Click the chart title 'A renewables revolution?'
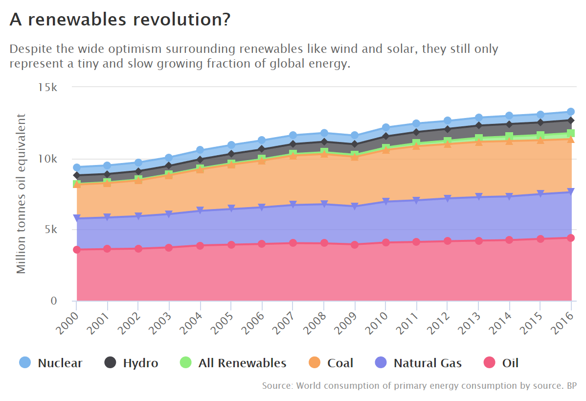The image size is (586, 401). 120,20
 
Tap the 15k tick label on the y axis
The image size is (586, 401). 48,88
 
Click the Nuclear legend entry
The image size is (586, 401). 51,363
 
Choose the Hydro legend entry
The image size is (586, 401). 131,363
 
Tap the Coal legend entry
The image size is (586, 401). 331,363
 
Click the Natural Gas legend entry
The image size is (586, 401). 418,363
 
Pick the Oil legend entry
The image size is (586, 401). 501,363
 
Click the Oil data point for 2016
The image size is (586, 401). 570,238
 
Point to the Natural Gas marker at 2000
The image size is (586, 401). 77,218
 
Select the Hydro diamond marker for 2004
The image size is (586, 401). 200,159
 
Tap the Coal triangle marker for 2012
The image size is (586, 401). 447,143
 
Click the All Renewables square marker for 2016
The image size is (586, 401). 570,133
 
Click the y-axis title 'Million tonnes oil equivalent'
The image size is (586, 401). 21,193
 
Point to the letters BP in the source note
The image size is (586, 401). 571,386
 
